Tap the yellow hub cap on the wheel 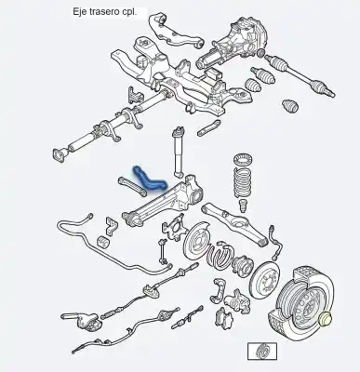(326, 322)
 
